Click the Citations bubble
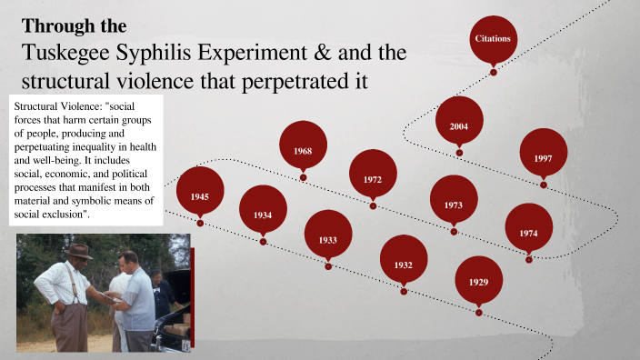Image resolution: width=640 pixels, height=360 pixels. pos(493,39)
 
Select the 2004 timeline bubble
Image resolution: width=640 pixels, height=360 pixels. pos(459,126)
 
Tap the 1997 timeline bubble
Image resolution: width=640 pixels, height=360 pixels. pos(543,158)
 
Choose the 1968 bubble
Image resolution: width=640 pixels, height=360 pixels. pos(304,150)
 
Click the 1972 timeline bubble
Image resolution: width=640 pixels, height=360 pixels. pos(373,179)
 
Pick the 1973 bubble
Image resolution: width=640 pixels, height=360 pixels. pos(454,205)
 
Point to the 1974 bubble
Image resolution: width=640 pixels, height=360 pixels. pos(528,234)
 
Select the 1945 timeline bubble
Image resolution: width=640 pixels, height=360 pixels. pos(200,196)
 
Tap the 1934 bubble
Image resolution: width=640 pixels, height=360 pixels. pos(263,215)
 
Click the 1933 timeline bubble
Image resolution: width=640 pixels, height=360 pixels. pos(328,240)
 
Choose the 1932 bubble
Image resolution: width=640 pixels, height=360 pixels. pos(404,265)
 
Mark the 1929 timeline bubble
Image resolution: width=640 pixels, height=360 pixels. pos(479,282)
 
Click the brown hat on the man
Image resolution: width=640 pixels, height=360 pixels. pos(78,250)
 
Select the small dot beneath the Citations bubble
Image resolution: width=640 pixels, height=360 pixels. pos(494,72)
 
